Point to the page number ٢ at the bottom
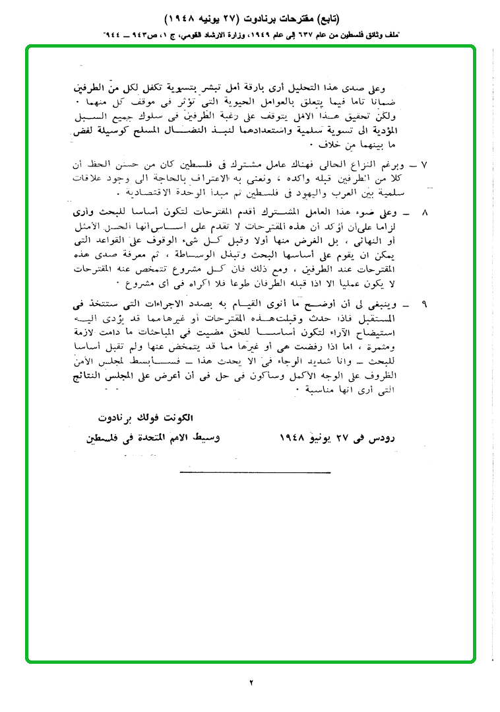tap(251, 682)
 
